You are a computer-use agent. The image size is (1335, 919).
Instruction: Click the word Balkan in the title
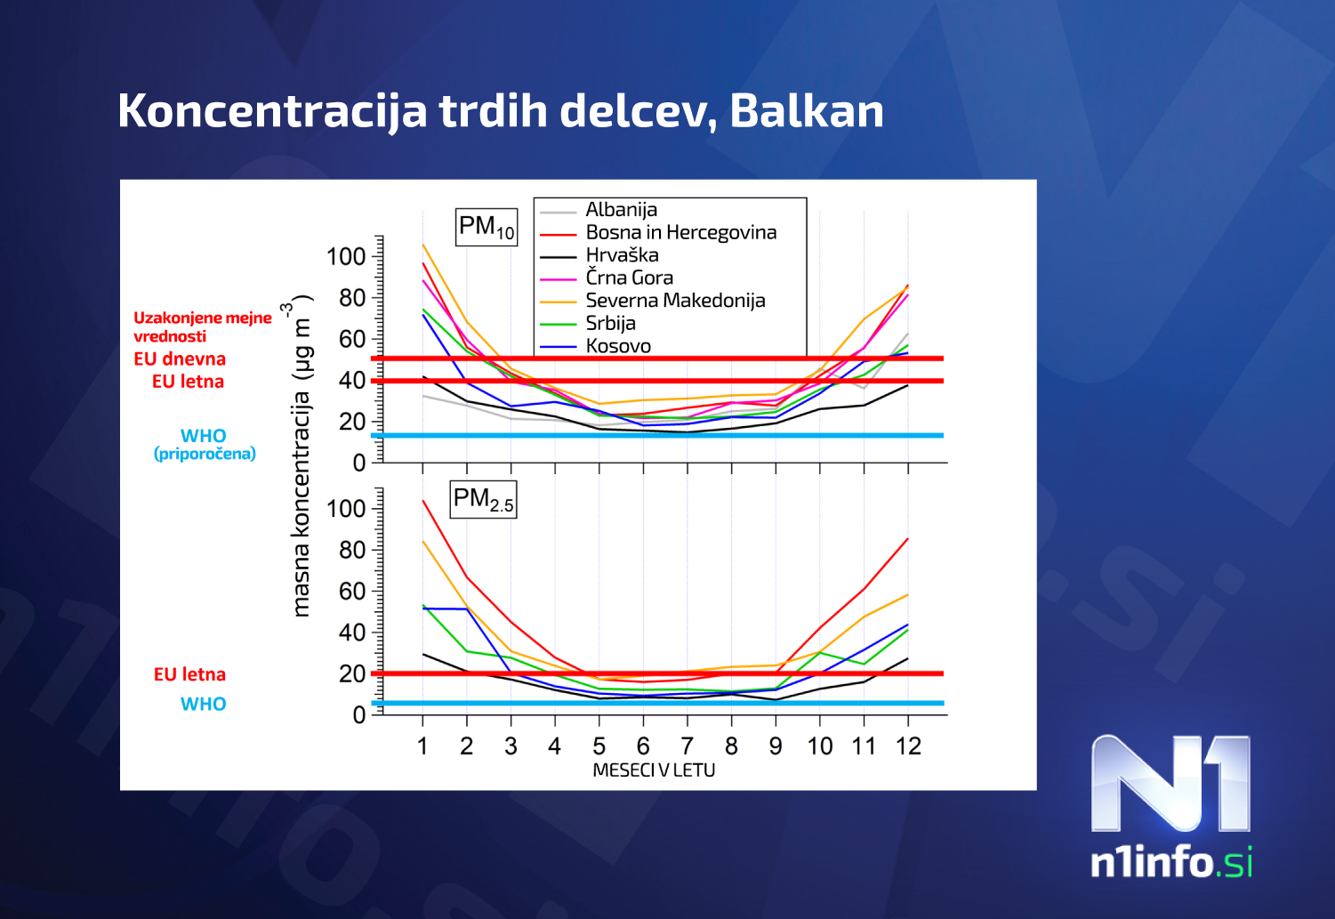(806, 111)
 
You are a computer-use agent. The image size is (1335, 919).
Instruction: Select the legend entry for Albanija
(621, 210)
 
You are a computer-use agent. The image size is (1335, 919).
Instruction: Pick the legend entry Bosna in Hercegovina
(680, 233)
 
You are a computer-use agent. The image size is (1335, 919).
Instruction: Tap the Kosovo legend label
(618, 346)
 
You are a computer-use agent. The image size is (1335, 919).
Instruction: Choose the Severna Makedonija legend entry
(675, 301)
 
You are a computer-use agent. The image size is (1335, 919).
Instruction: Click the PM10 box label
(486, 228)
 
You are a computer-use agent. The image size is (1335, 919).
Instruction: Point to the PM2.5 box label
(483, 499)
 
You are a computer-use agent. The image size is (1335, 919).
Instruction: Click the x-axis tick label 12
(908, 746)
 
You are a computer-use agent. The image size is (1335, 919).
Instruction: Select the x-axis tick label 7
(687, 746)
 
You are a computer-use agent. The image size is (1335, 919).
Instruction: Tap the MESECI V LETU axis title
(654, 770)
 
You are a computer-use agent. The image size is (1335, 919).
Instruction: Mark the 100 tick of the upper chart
(346, 257)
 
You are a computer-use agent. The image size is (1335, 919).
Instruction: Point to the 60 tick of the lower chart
(352, 592)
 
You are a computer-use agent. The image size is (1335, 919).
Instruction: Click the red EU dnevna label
(180, 359)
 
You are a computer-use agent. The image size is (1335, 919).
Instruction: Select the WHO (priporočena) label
(205, 444)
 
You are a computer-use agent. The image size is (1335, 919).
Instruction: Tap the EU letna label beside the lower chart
(189, 674)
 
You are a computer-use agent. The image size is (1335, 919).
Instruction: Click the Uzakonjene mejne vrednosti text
(202, 326)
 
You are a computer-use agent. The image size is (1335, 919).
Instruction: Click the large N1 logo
(1170, 784)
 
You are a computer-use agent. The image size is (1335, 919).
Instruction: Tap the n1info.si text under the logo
(1171, 862)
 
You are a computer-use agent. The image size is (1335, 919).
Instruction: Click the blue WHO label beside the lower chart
(203, 705)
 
